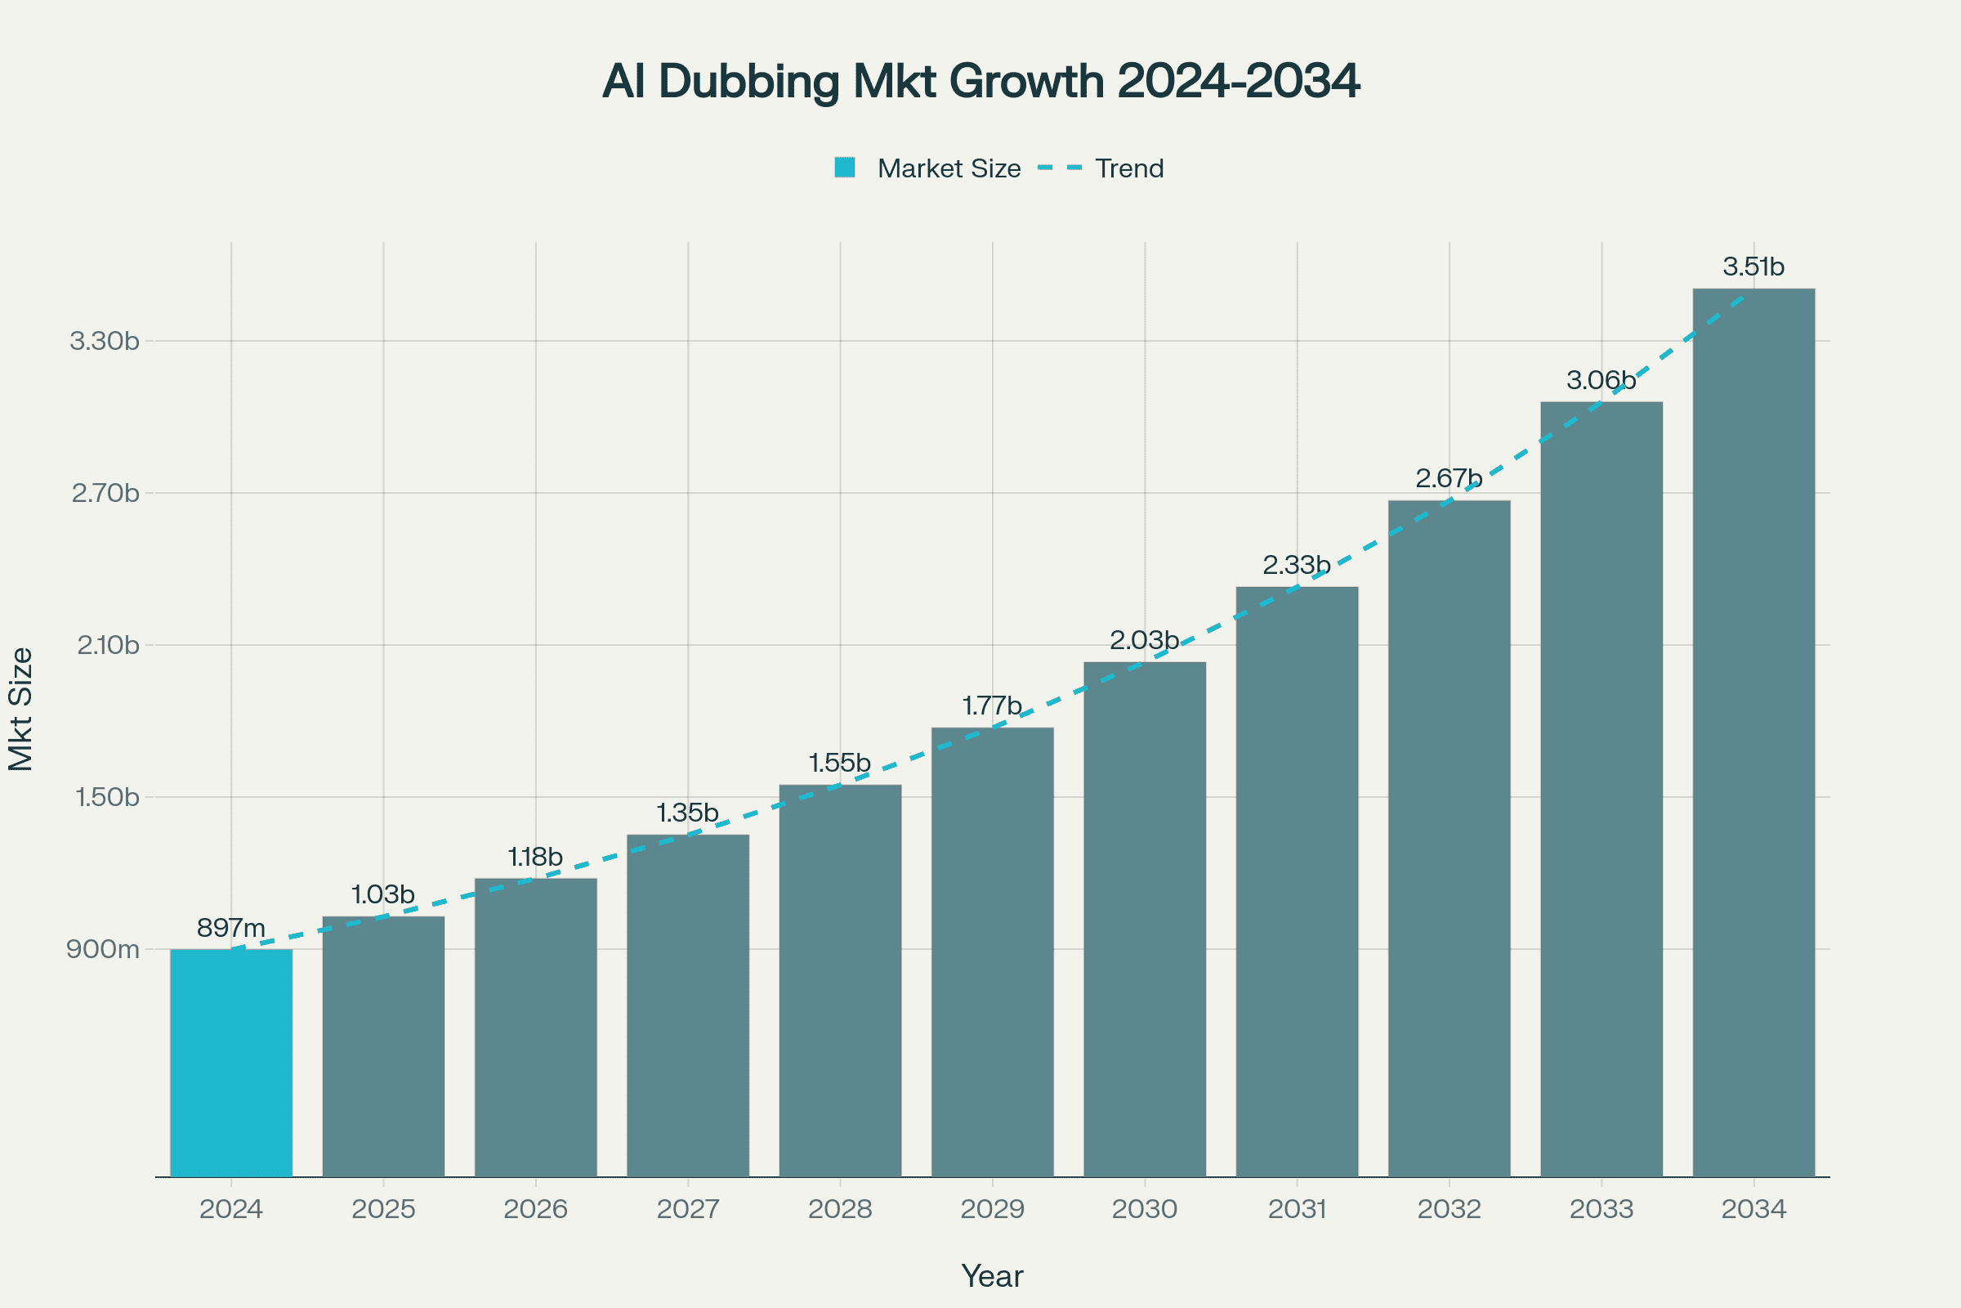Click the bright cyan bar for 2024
[231, 1063]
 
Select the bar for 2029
[992, 952]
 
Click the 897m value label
[231, 928]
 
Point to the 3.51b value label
[1753, 267]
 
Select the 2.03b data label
[1144, 641]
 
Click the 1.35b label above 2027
[687, 813]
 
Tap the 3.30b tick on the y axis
[105, 341]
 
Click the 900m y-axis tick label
[104, 949]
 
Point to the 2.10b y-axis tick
[109, 645]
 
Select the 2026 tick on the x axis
[535, 1209]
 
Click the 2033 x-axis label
[1601, 1209]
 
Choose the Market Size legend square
[845, 168]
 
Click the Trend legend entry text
[1129, 168]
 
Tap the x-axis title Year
[992, 1275]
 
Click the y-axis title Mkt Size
[21, 709]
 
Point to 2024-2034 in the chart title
[1237, 81]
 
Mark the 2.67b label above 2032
[1449, 479]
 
